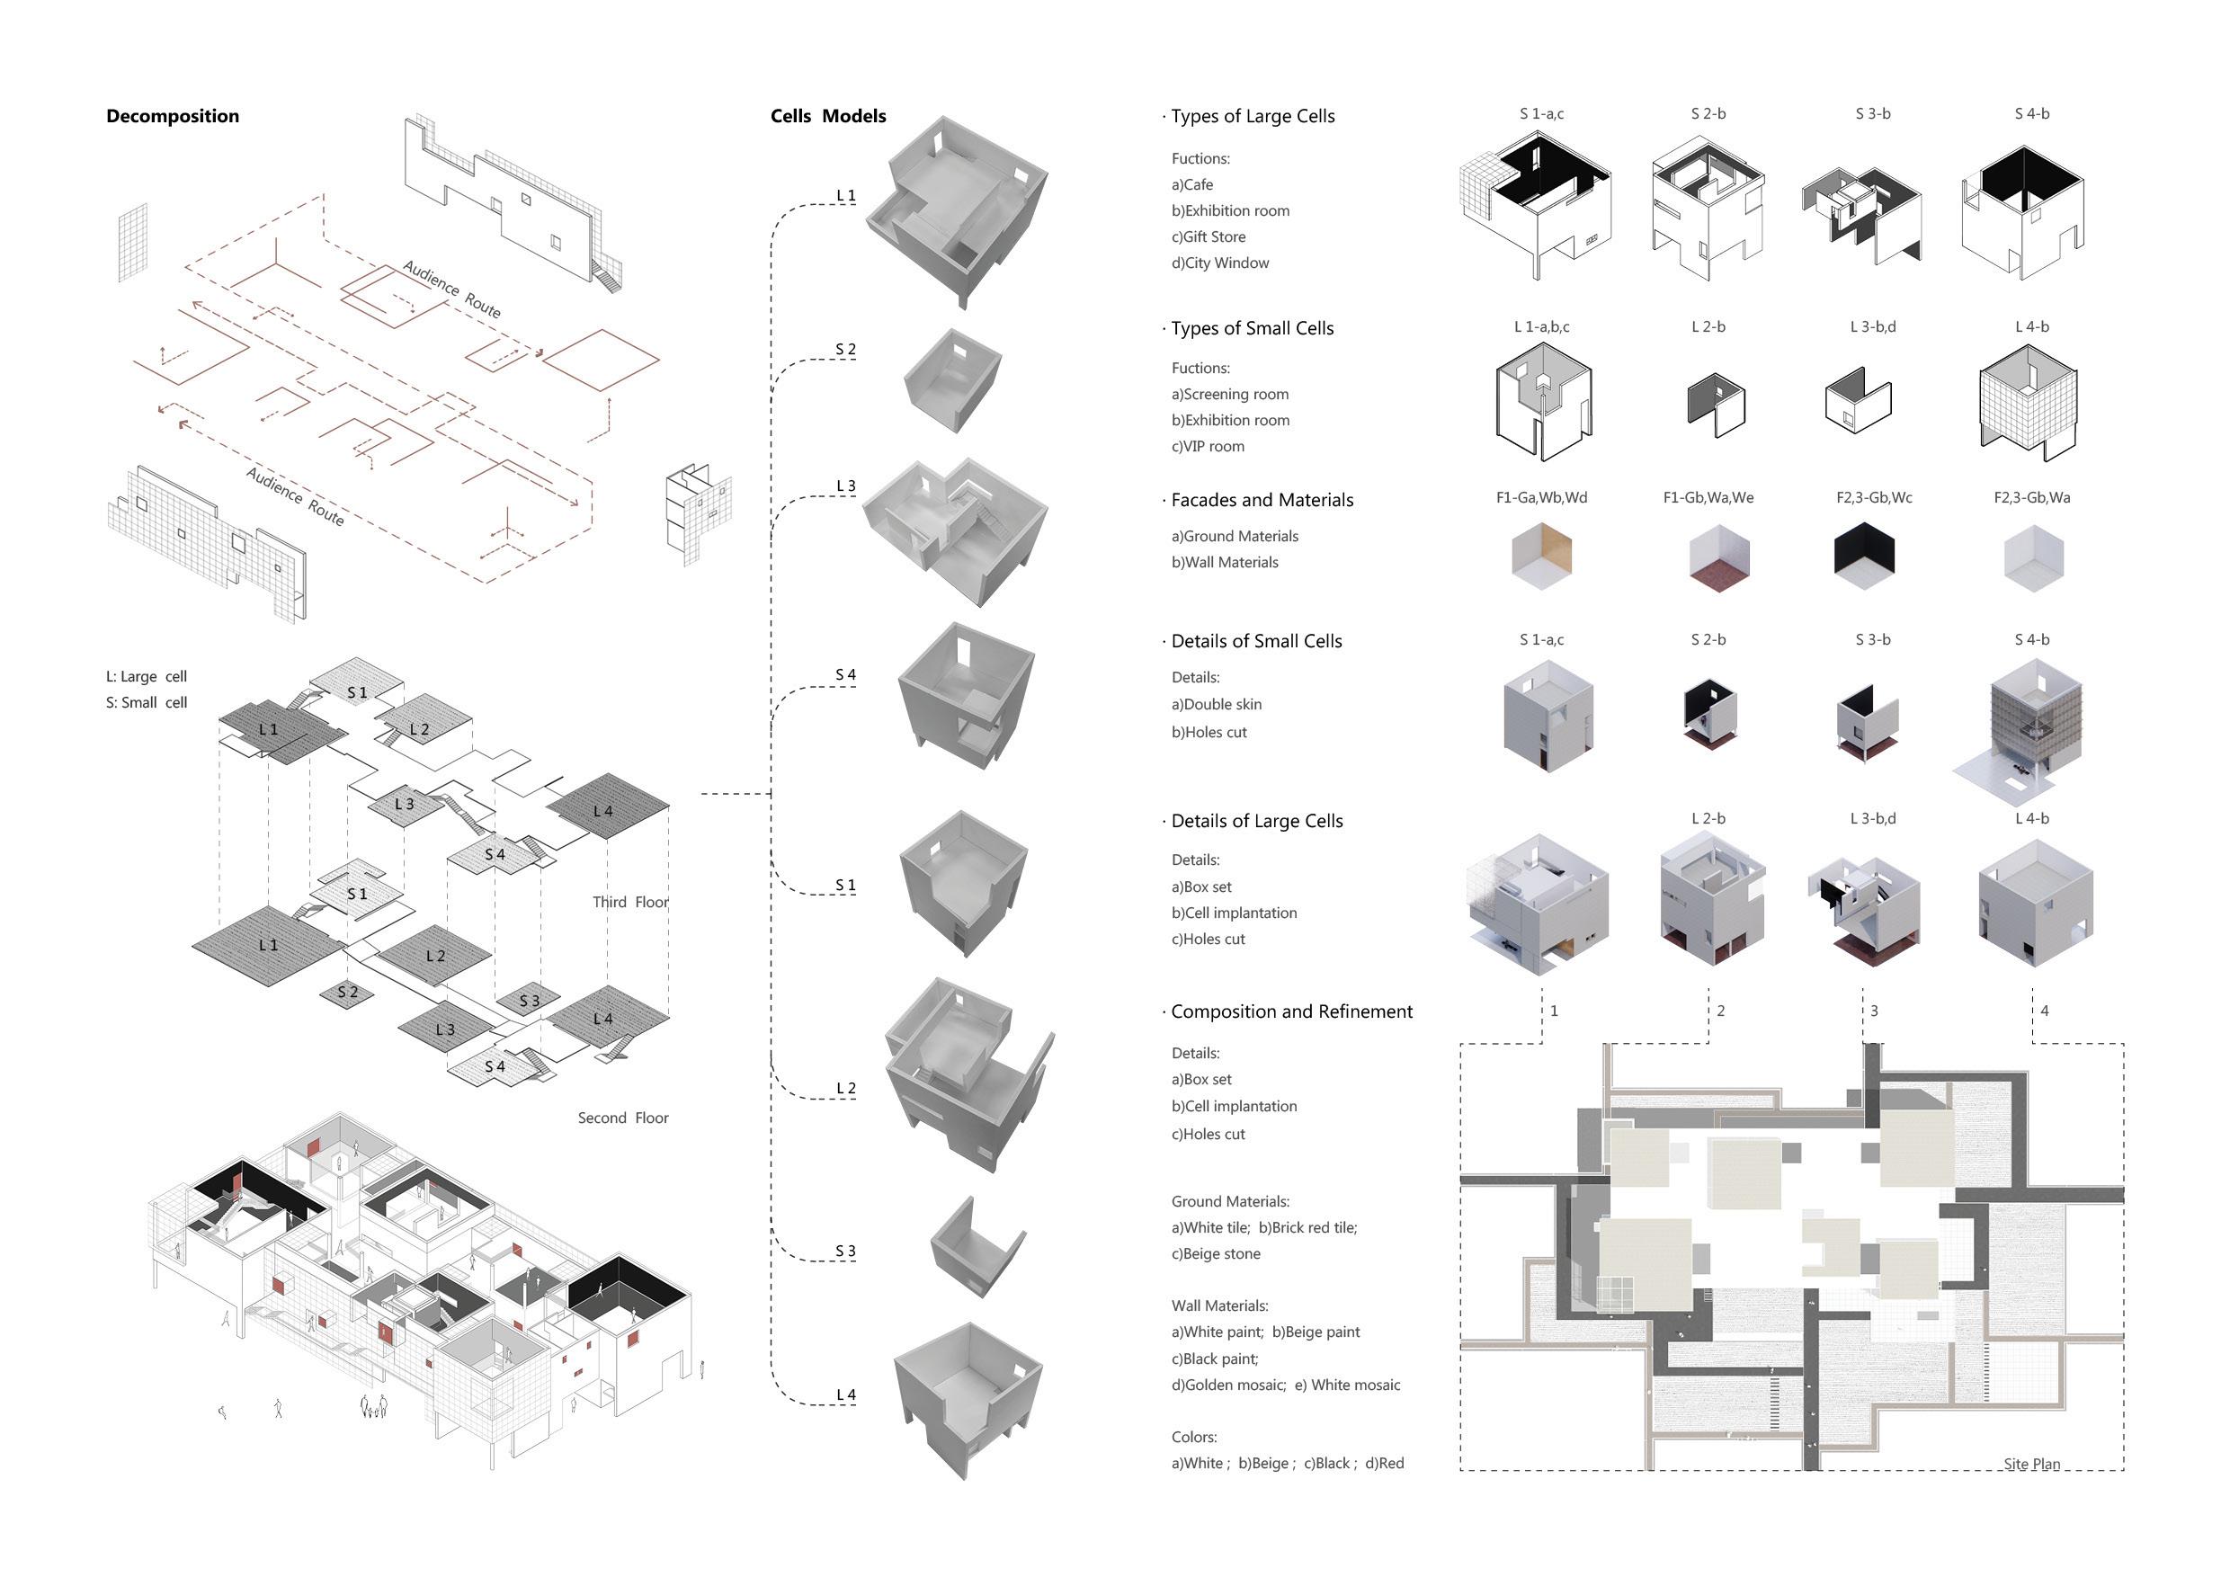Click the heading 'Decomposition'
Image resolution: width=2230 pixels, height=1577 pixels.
coord(172,117)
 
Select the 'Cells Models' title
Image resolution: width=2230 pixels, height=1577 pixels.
coord(827,117)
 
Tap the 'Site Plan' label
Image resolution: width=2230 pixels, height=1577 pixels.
coord(2031,1465)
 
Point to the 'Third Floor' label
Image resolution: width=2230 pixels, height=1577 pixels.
coord(630,902)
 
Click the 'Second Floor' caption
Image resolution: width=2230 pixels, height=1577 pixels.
coord(622,1118)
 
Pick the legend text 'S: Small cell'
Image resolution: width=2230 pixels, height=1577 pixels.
coord(147,702)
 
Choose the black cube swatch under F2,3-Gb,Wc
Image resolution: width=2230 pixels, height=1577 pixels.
coord(1864,557)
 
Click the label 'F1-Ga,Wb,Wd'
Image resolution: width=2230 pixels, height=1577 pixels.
coord(1541,497)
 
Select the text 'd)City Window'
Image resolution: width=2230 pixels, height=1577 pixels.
coord(1220,263)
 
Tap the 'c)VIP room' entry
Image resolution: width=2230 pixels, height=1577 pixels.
coord(1208,447)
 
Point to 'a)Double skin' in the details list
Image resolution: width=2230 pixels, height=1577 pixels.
coord(1216,704)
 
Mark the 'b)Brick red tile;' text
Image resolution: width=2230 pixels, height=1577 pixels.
coord(1307,1227)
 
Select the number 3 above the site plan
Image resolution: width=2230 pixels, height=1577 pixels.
coord(1874,1011)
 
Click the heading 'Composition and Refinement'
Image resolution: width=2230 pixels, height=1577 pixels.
coord(1292,1011)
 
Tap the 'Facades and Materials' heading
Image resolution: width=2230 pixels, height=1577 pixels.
coord(1262,500)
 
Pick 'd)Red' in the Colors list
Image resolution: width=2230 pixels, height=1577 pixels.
coord(1384,1464)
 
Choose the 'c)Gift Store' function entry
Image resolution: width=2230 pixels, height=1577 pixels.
coord(1209,237)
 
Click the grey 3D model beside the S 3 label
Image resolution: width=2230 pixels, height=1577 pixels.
coord(977,1249)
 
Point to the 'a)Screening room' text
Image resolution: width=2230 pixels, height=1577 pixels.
coord(1229,394)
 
